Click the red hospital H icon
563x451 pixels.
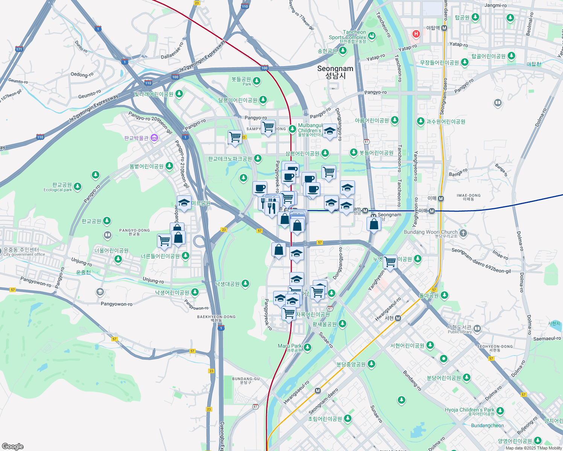click(416, 34)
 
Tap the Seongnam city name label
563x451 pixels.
click(335, 72)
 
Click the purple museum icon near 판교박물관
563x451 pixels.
click(154, 138)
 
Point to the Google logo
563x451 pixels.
click(12, 446)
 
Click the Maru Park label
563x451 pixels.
click(290, 346)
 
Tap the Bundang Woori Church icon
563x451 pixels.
click(463, 233)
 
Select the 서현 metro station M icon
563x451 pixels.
click(398, 318)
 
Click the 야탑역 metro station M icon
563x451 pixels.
click(444, 28)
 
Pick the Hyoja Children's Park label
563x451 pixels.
click(470, 410)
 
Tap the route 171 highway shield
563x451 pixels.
click(19, 49)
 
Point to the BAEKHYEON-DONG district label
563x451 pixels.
click(216, 317)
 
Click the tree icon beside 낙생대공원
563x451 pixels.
click(245, 283)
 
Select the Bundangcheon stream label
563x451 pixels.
click(487, 425)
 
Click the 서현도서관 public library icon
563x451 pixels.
click(477, 329)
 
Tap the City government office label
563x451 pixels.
click(24, 254)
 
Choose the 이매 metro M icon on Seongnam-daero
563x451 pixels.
click(441, 198)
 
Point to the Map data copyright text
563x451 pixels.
click(534, 448)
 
